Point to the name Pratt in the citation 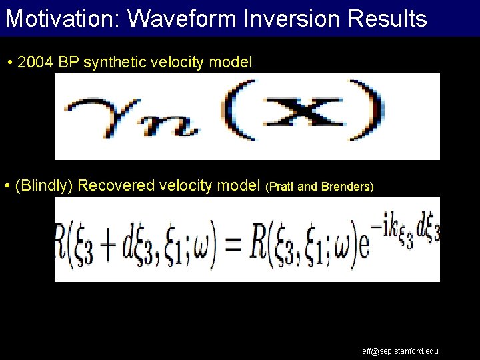(282, 187)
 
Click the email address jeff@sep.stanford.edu (399, 351)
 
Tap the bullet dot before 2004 (11, 63)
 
